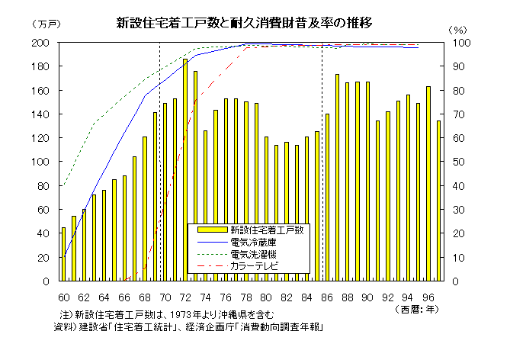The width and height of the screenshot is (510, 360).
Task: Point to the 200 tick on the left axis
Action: coord(48,43)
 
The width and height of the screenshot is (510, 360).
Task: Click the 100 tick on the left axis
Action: coord(48,162)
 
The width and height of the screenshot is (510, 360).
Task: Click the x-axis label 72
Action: coord(184,296)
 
